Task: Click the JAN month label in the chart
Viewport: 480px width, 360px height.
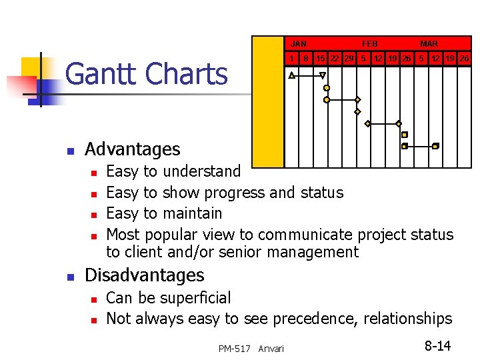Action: click(x=299, y=43)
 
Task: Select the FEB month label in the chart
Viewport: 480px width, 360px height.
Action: click(x=369, y=43)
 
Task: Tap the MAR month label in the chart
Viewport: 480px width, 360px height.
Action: click(x=429, y=43)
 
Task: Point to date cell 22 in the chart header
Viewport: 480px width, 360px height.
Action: click(x=335, y=59)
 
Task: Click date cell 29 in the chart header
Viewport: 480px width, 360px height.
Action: click(x=349, y=59)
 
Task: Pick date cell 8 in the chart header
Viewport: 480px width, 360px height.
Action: click(x=306, y=59)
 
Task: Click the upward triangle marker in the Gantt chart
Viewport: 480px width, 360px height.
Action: click(x=292, y=76)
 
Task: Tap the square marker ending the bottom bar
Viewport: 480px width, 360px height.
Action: click(x=435, y=145)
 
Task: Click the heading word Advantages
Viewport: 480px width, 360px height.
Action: click(x=133, y=149)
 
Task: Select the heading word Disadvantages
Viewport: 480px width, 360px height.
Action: click(x=145, y=275)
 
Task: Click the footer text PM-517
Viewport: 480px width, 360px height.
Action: click(x=234, y=349)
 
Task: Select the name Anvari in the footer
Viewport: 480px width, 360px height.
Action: click(x=271, y=349)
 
